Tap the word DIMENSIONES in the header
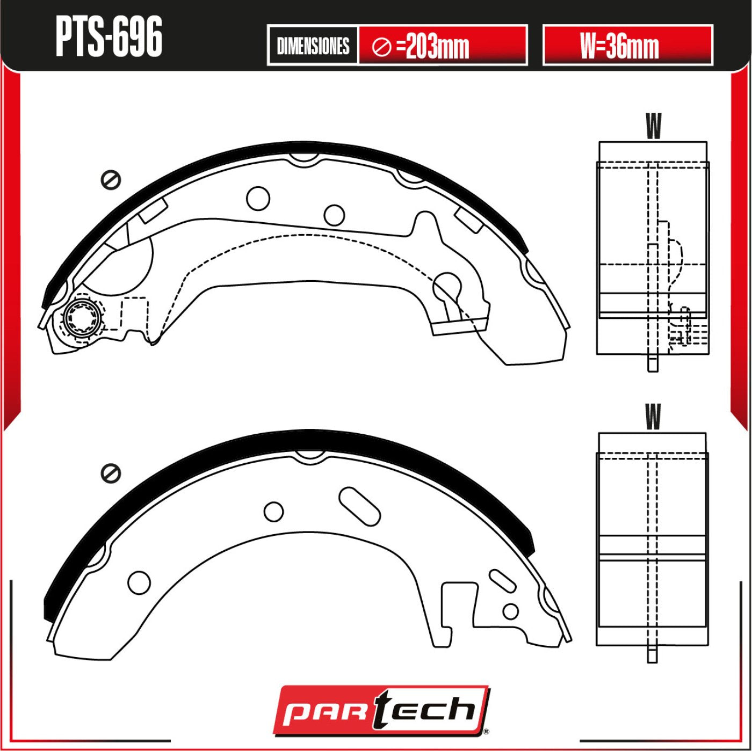(313, 46)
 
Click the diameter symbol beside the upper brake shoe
(111, 180)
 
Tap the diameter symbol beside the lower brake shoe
(111, 473)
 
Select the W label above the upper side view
(653, 126)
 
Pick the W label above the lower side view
(653, 417)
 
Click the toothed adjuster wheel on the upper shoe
(82, 318)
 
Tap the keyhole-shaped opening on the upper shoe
(448, 290)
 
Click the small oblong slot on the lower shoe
(503, 580)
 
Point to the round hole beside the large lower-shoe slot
(273, 512)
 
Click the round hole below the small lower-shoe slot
(510, 611)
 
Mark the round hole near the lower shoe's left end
(139, 582)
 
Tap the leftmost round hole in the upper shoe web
(258, 199)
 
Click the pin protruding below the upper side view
(653, 363)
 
